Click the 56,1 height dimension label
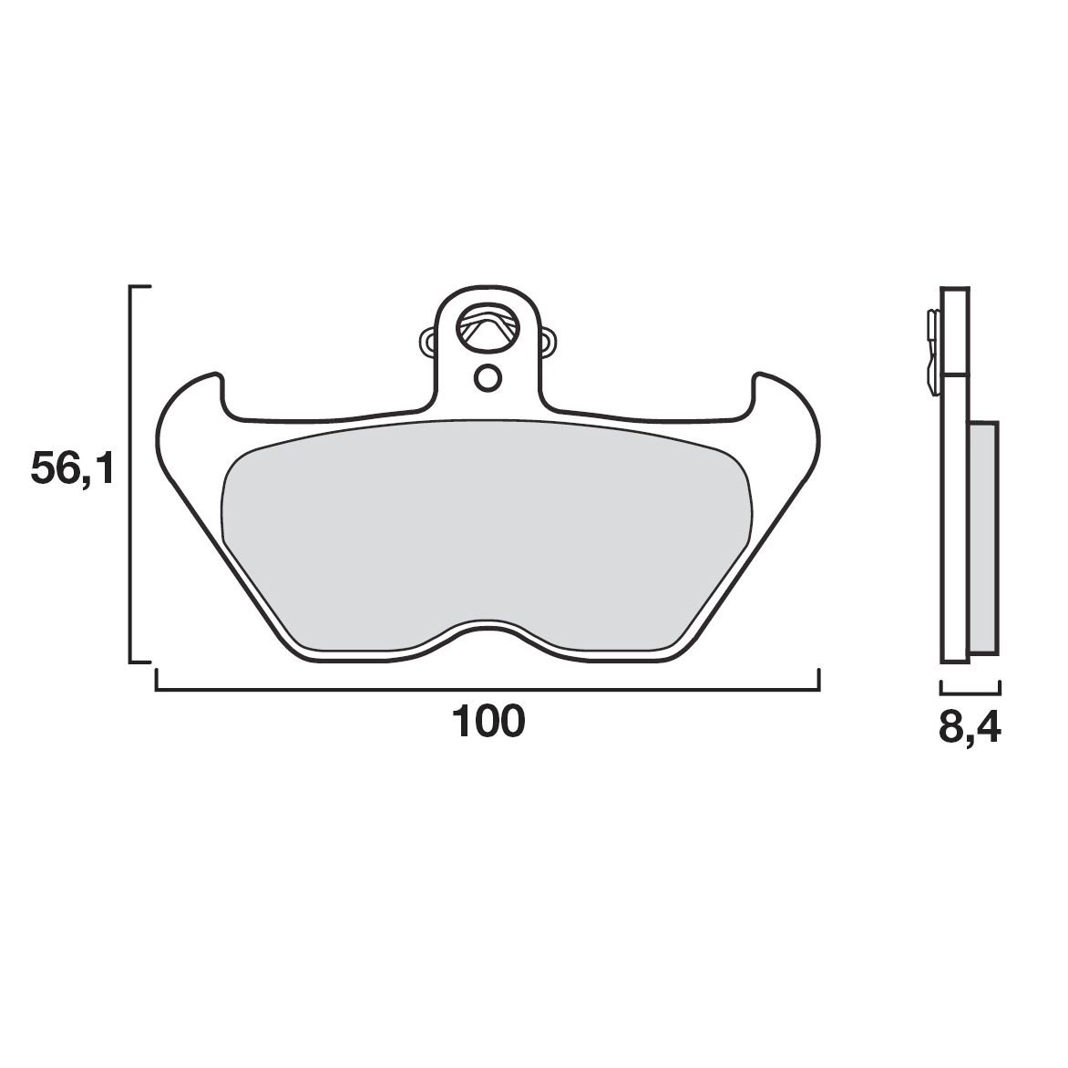pyautogui.click(x=71, y=468)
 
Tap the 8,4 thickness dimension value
pyautogui.click(x=970, y=729)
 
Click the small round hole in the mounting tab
pyautogui.click(x=488, y=378)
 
